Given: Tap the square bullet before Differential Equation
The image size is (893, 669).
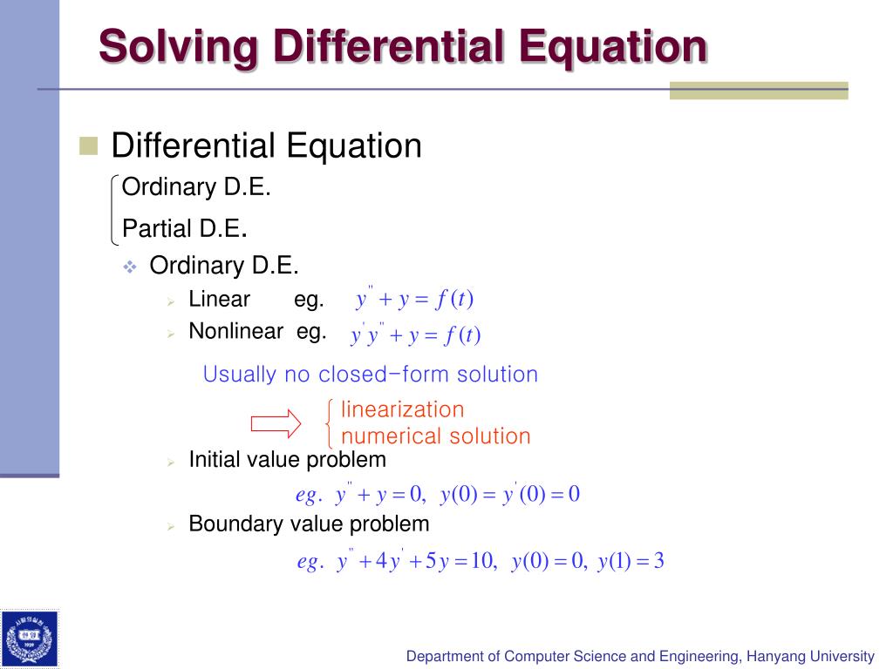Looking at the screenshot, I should point(88,145).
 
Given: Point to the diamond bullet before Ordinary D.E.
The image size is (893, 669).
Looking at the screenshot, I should point(130,267).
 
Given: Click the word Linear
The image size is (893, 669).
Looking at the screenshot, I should point(219,300).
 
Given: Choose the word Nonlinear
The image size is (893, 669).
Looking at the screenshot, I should point(235,331).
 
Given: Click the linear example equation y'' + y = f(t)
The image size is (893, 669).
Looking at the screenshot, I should point(414,300).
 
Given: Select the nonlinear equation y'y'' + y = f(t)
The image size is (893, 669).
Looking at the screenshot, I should point(416,334).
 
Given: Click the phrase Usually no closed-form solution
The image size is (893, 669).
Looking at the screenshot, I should point(370,375).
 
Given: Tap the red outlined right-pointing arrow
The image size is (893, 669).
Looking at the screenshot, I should point(276,424).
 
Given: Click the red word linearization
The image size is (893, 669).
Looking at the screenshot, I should point(402,409).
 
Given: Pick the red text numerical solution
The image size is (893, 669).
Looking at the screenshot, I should point(435,436).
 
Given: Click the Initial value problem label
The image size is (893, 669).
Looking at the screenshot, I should point(287,459).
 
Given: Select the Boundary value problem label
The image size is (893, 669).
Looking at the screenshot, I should point(309,524).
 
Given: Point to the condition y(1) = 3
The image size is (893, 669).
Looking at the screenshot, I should point(631,562).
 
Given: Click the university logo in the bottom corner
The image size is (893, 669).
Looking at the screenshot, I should point(30,639).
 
